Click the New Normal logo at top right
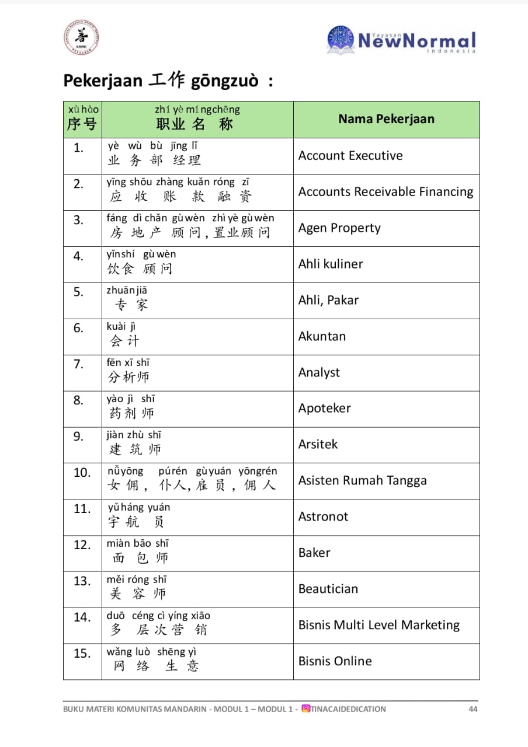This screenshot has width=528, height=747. coord(402,40)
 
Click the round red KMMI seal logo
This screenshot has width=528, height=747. coord(81,39)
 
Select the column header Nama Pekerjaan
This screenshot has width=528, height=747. coord(386,119)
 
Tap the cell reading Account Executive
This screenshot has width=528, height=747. coord(350,156)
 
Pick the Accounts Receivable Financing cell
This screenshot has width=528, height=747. coord(385,192)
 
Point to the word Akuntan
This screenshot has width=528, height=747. coord(322,337)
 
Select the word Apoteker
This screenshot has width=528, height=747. coord(325,409)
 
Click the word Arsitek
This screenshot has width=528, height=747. coord(318,445)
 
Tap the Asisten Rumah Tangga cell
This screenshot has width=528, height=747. coord(362,481)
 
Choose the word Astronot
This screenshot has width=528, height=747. coord(323,517)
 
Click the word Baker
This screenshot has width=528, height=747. coord(314,553)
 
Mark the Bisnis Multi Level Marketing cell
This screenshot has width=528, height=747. coord(379,626)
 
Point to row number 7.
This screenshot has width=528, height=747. coord(78,365)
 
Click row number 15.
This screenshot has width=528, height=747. coord(82,654)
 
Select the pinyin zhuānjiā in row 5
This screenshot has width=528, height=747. coord(127,291)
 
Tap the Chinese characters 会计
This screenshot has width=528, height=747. coord(124,341)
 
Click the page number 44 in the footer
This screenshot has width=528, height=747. coord(473,709)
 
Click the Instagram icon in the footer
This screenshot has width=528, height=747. coord(305,709)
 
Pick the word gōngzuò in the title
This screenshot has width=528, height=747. coord(224,81)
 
